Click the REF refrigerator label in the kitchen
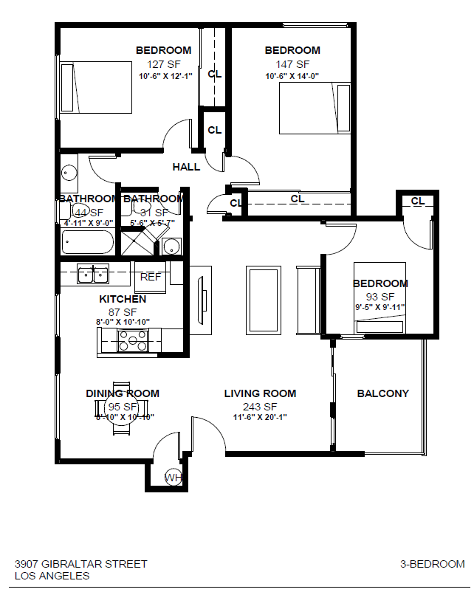point(151,277)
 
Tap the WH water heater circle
point(173,478)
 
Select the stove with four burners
point(132,340)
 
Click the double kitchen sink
point(94,275)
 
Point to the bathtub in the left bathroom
point(87,242)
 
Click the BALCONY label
point(382,393)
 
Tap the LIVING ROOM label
point(260,393)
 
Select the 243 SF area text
point(260,407)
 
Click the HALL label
point(186,167)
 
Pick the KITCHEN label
point(123,299)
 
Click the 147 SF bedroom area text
point(292,64)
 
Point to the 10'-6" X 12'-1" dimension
point(165,76)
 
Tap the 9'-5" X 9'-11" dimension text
point(379,307)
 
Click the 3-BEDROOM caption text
point(433,564)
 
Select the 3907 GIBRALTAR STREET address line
point(81,564)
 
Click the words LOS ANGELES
point(52,576)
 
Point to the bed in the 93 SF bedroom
point(379,299)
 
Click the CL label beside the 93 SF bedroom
point(417,202)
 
